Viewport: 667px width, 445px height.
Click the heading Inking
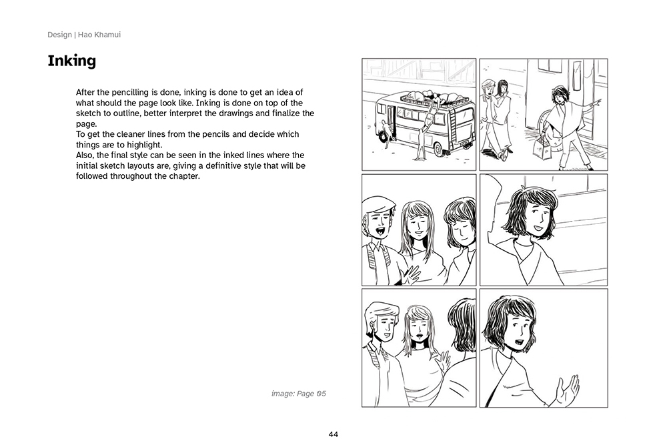tap(71, 61)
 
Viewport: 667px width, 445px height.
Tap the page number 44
tap(333, 434)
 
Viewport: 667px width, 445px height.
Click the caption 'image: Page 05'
tap(299, 394)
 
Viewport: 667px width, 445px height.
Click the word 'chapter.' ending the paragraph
tap(185, 176)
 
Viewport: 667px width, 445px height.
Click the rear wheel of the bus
tap(438, 149)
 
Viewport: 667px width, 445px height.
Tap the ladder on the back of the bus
tap(454, 123)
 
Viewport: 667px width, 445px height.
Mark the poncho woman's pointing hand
tap(597, 103)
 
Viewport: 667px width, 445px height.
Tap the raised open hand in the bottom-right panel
tap(568, 388)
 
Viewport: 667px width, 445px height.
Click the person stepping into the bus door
tap(386, 133)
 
